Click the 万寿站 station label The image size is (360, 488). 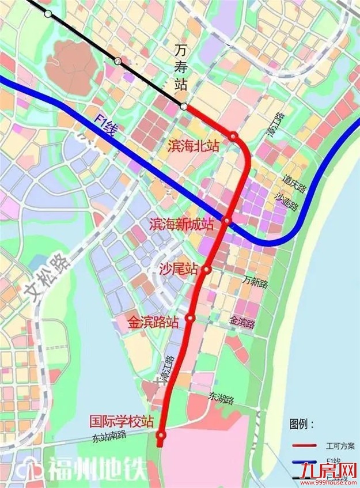click(180, 68)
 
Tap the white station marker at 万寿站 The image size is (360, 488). click(183, 107)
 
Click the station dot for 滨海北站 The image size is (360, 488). click(233, 137)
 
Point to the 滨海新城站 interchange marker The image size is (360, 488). click(227, 221)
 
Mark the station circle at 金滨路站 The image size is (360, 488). click(190, 317)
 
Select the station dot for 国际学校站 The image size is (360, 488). click(161, 434)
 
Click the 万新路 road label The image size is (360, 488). click(255, 282)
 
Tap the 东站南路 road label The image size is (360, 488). click(108, 436)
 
